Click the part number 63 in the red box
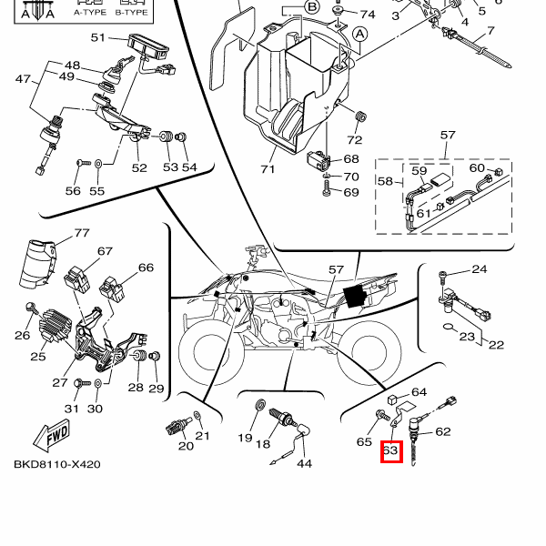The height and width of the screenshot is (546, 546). pyautogui.click(x=391, y=450)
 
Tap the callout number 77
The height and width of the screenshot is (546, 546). pyautogui.click(x=82, y=233)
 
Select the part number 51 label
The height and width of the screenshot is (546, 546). pyautogui.click(x=98, y=38)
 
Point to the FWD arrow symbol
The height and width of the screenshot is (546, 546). pyautogui.click(x=56, y=437)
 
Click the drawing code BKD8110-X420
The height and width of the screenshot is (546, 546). pyautogui.click(x=56, y=464)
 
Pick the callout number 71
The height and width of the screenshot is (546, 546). pyautogui.click(x=267, y=169)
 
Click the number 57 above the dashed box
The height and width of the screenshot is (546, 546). pyautogui.click(x=448, y=135)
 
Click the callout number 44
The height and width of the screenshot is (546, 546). pyautogui.click(x=304, y=463)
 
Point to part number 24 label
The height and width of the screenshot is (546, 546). pyautogui.click(x=480, y=269)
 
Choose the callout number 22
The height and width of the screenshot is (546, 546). pyautogui.click(x=496, y=344)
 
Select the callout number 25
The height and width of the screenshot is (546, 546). pyautogui.click(x=37, y=356)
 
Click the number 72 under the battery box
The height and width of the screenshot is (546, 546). pyautogui.click(x=354, y=140)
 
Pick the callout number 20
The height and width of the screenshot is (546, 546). pyautogui.click(x=186, y=445)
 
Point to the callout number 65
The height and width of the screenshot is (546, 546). pyautogui.click(x=364, y=442)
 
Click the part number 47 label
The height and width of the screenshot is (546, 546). pyautogui.click(x=24, y=80)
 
